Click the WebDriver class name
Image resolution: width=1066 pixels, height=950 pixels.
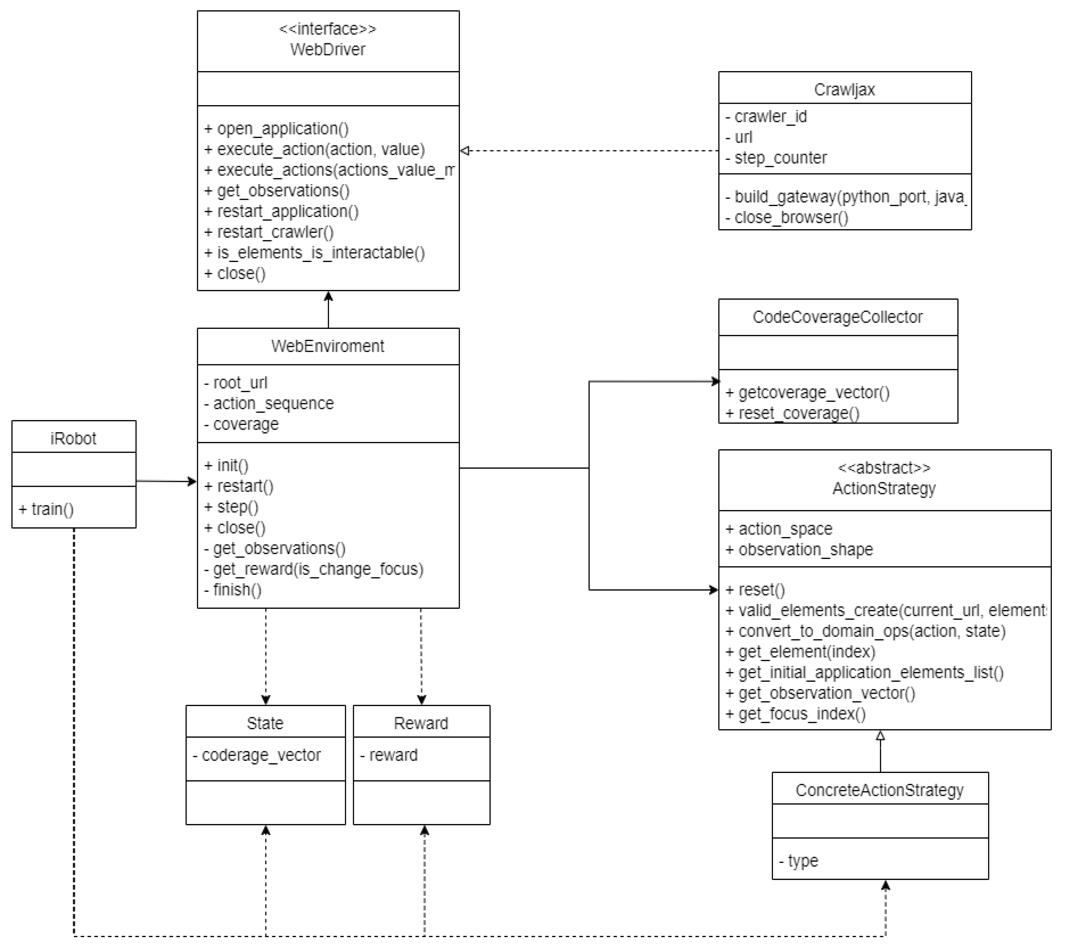(x=327, y=50)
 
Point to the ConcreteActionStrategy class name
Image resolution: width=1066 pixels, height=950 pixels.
(x=879, y=790)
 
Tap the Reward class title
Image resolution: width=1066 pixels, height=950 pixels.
(x=421, y=724)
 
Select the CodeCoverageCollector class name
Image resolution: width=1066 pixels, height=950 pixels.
(x=837, y=317)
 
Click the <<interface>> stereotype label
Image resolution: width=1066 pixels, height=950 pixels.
(x=327, y=29)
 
